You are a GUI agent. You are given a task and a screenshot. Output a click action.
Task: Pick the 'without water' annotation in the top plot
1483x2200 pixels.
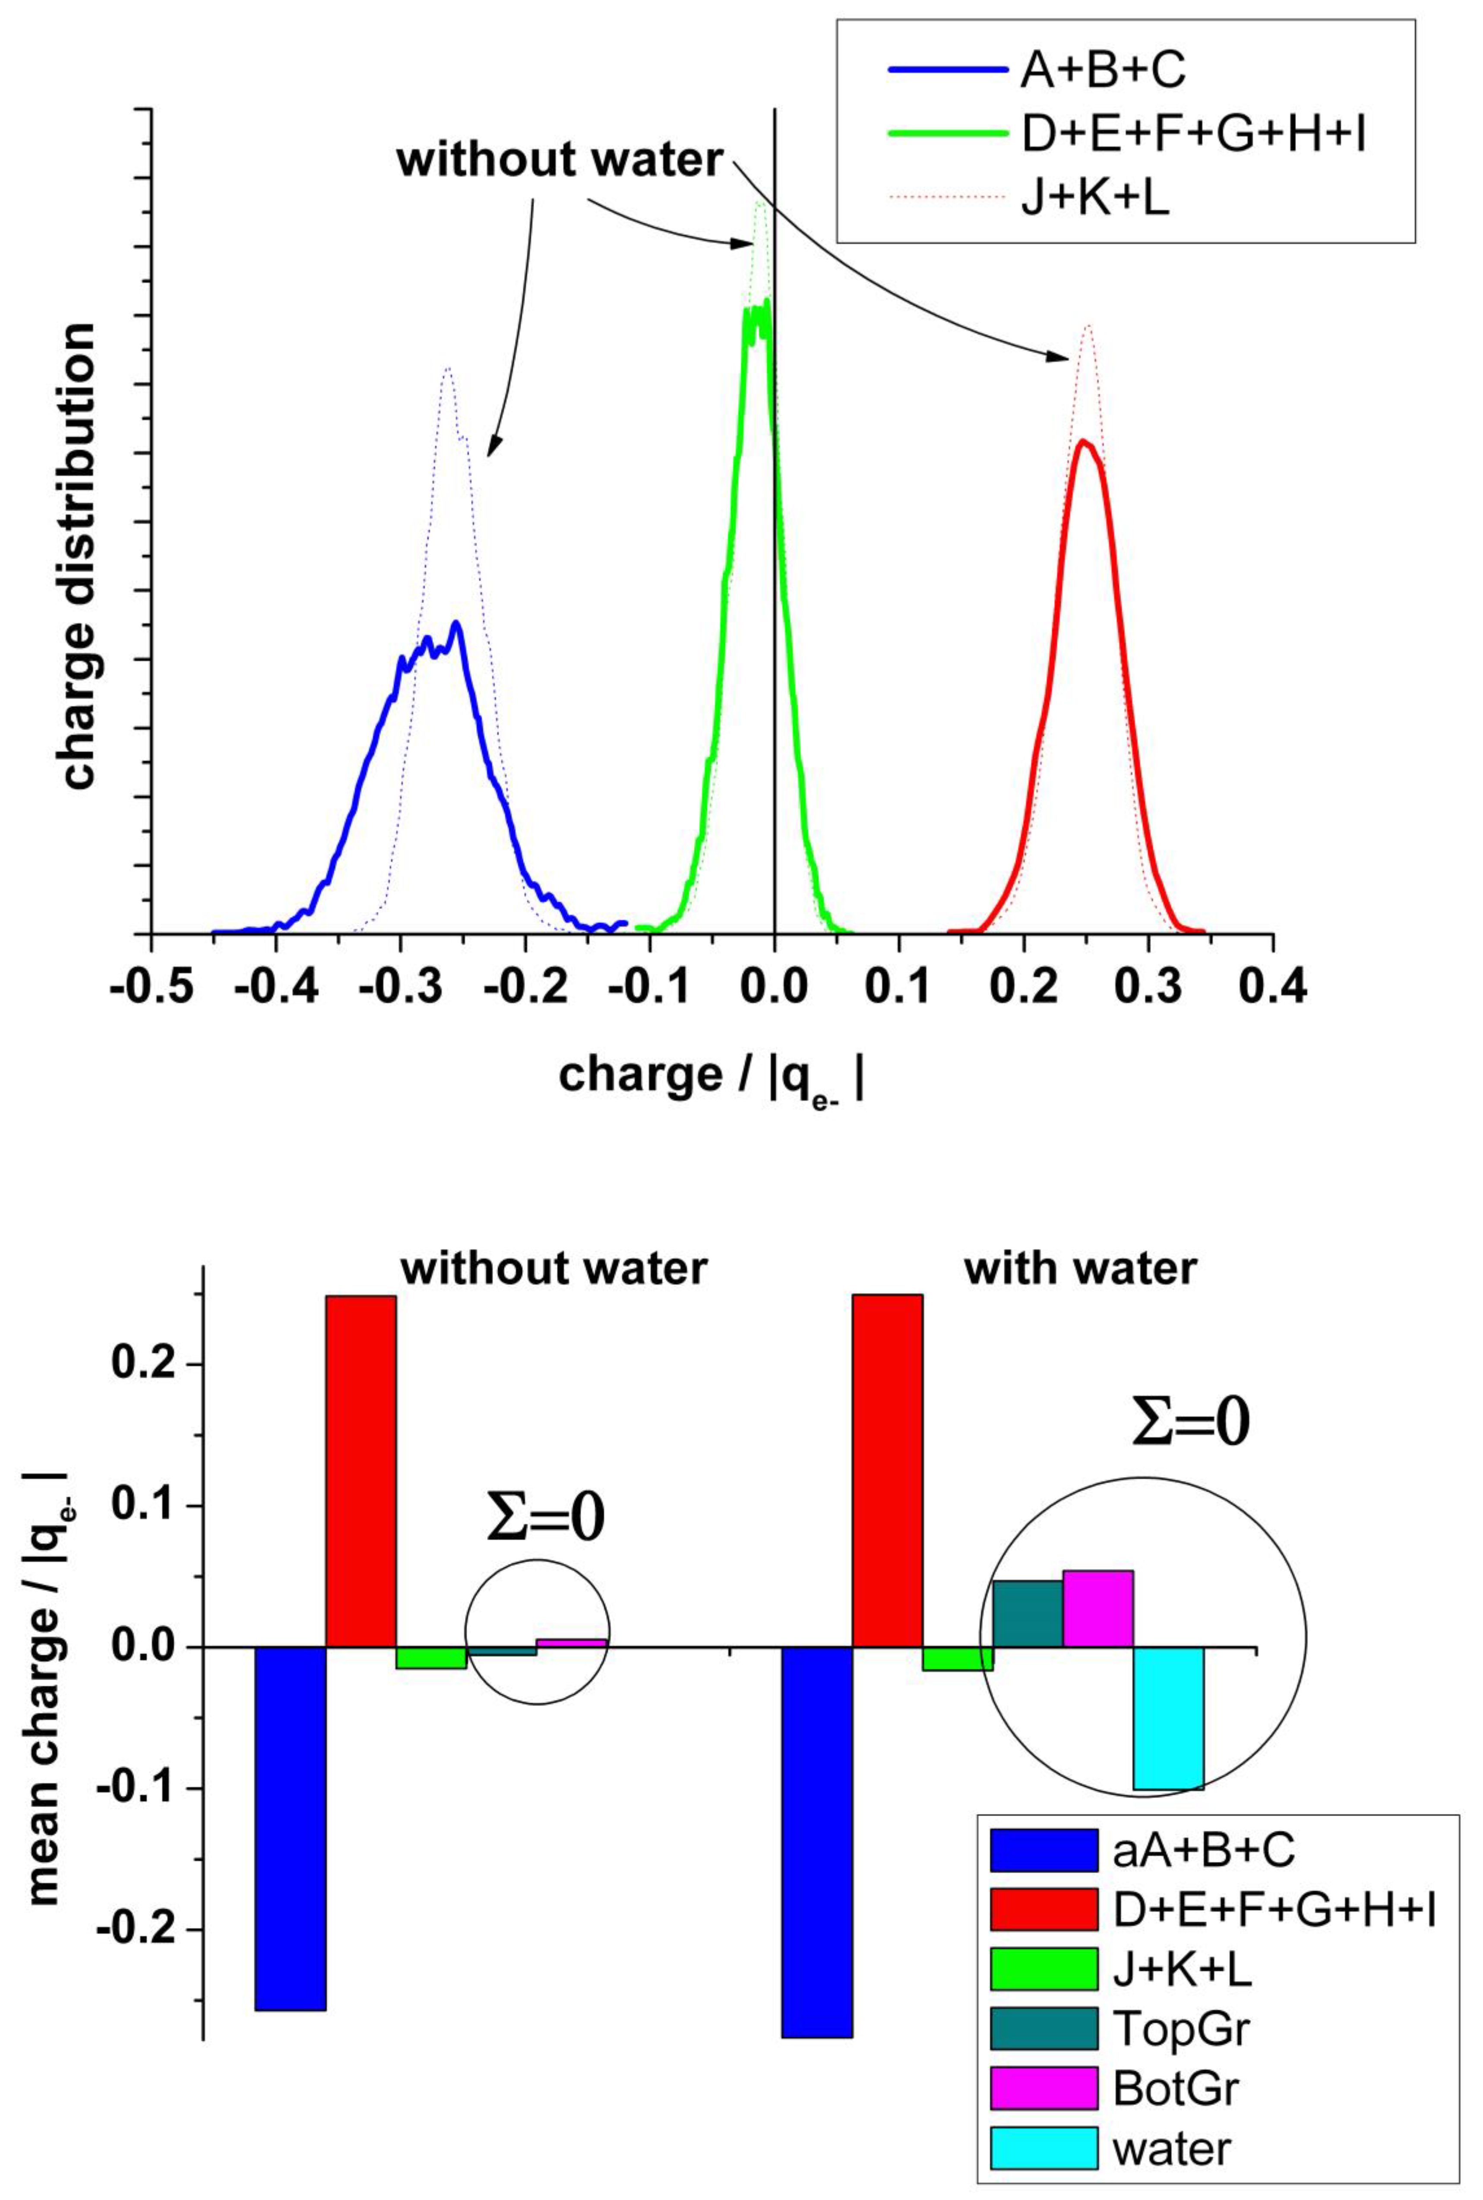click(560, 161)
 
